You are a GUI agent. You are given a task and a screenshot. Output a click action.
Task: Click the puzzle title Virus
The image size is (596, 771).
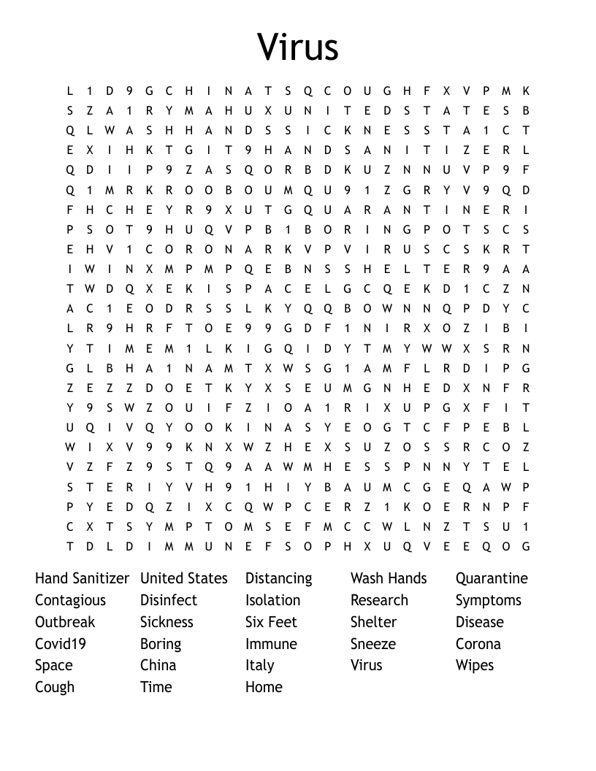[298, 47]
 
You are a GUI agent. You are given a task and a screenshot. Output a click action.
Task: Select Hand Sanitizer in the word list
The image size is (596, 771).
[82, 578]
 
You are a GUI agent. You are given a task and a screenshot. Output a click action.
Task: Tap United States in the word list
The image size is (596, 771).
[184, 578]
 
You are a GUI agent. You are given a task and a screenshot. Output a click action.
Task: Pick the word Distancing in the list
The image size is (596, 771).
[278, 579]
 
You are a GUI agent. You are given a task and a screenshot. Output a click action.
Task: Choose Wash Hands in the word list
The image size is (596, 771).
[389, 578]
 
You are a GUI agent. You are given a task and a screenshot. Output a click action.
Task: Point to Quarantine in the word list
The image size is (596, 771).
[492, 579]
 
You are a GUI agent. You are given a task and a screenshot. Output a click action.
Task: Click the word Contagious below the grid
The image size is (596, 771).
[70, 601]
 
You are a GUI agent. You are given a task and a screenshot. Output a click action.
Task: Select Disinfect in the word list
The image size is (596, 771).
[169, 600]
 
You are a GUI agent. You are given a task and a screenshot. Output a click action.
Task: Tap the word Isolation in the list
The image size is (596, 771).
[272, 600]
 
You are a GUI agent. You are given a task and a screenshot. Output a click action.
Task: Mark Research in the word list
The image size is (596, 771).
[379, 600]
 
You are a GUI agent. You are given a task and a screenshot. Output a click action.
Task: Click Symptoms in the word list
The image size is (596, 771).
[489, 601]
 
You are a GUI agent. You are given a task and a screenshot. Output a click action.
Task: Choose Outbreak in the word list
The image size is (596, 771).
[65, 622]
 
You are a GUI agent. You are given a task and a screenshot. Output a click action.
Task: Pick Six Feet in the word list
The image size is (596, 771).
[271, 622]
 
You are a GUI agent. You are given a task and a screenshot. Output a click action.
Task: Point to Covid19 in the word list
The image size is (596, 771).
[61, 644]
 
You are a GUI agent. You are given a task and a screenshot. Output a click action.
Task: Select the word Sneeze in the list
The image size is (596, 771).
[373, 644]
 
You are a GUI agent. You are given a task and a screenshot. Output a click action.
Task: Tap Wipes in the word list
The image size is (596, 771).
[475, 666]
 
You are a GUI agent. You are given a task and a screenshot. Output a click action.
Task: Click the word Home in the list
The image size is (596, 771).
[264, 687]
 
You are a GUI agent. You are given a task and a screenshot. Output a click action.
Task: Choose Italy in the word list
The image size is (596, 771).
[260, 666]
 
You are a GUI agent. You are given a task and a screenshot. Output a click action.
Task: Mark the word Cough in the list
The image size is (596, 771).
[55, 688]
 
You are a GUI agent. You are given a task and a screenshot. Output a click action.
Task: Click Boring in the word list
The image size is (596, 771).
[161, 645]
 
